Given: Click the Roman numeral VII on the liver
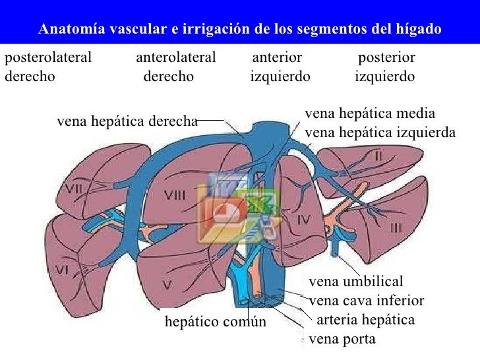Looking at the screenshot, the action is pyautogui.click(x=75, y=189).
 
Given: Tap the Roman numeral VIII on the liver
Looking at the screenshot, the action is pyautogui.click(x=175, y=195).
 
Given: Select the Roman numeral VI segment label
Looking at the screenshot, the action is pyautogui.click(x=62, y=270).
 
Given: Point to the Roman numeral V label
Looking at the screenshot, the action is pyautogui.click(x=167, y=285).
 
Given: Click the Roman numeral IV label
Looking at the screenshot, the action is pyautogui.click(x=303, y=219).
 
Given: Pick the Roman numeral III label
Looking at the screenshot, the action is pyautogui.click(x=396, y=227).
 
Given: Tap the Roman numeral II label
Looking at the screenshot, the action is pyautogui.click(x=378, y=156).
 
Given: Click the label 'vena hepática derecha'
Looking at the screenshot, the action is pyautogui.click(x=127, y=121).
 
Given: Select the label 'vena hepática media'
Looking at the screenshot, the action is pyautogui.click(x=370, y=113).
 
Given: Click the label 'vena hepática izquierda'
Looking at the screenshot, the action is pyautogui.click(x=380, y=133).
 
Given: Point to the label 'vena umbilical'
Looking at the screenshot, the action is pyautogui.click(x=356, y=282).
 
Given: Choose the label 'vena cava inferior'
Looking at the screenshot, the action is pyautogui.click(x=367, y=301).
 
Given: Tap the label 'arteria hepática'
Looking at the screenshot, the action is pyautogui.click(x=365, y=320).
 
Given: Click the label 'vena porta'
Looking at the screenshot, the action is pyautogui.click(x=342, y=339).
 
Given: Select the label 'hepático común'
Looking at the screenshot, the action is pyautogui.click(x=216, y=322).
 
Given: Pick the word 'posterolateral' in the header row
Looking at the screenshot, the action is pyautogui.click(x=48, y=57).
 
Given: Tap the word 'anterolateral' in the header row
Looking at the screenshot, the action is pyautogui.click(x=176, y=57).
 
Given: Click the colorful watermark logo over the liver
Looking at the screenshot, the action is pyautogui.click(x=239, y=208).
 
